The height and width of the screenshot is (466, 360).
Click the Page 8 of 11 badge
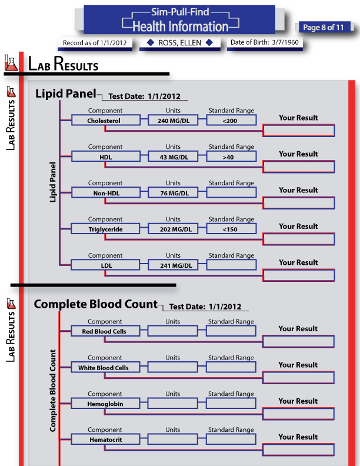pyautogui.click(x=323, y=27)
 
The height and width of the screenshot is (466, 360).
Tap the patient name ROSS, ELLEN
pyautogui.click(x=179, y=43)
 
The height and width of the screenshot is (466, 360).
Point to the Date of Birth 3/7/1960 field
pyautogui.click(x=265, y=42)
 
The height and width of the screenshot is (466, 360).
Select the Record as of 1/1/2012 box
pyautogui.click(x=95, y=43)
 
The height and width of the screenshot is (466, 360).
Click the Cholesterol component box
pyautogui.click(x=105, y=121)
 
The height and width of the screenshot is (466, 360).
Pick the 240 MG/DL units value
pyautogui.click(x=173, y=121)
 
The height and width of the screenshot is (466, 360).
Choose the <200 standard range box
pyautogui.click(x=231, y=121)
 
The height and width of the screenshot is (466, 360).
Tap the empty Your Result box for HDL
pyautogui.click(x=299, y=167)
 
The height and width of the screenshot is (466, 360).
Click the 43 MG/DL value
pyautogui.click(x=173, y=157)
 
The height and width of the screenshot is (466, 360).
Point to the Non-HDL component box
pyautogui.click(x=105, y=193)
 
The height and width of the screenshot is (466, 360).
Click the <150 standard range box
pyautogui.click(x=231, y=229)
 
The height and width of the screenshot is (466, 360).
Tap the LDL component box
pyautogui.click(x=105, y=265)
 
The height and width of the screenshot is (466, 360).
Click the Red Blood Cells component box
pyautogui.click(x=105, y=331)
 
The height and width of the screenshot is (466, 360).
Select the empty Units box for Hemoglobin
pyautogui.click(x=172, y=403)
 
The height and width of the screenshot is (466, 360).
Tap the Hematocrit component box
pyautogui.click(x=105, y=440)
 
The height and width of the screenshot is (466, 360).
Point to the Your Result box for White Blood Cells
pyautogui.click(x=298, y=377)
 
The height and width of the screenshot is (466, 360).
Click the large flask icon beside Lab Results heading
pyautogui.click(x=11, y=63)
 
